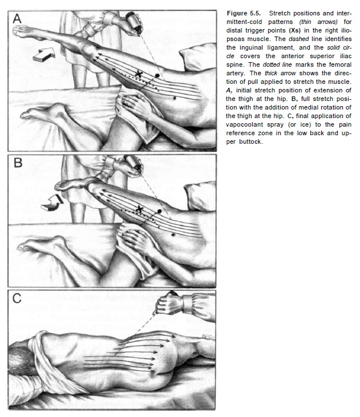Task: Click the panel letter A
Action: coord(18,18)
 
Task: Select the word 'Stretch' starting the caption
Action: coord(280,12)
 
